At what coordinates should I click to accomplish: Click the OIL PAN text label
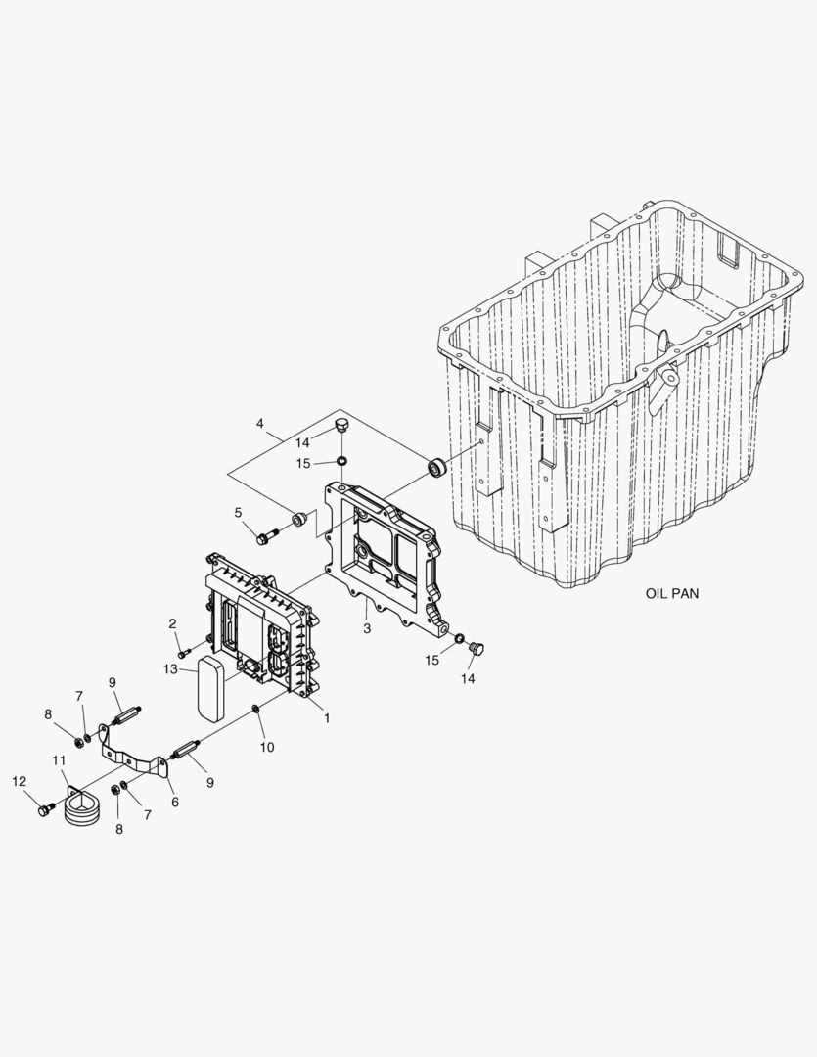tap(672, 593)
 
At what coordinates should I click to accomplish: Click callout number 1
tap(327, 718)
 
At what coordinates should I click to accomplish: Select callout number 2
tap(172, 623)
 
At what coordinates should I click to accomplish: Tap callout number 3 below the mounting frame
tap(367, 629)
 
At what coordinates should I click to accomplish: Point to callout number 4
tap(260, 424)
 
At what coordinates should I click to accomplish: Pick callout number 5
tap(238, 513)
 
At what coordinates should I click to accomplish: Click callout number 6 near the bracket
tap(175, 803)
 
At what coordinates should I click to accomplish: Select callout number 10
tap(267, 747)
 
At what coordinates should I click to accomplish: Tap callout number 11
tap(60, 760)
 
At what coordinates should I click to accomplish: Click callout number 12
tap(20, 781)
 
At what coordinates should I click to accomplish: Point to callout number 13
tap(170, 668)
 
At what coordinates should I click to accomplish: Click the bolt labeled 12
tap(45, 809)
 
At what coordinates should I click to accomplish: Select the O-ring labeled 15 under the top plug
tap(342, 461)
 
